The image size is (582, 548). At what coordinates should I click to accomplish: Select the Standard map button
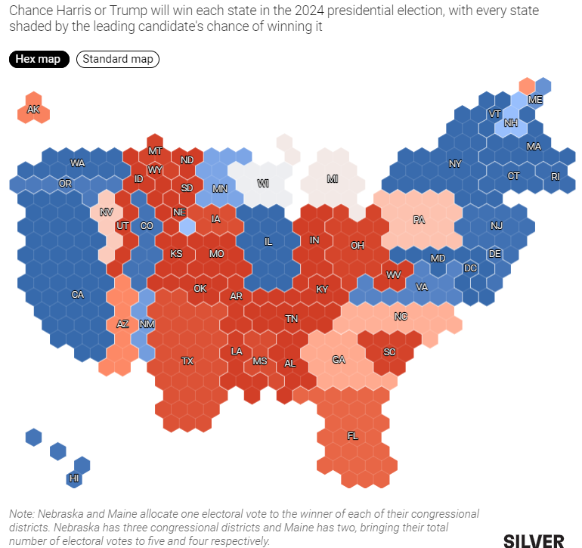pyautogui.click(x=118, y=59)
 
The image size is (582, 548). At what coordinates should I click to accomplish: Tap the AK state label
pyautogui.click(x=33, y=110)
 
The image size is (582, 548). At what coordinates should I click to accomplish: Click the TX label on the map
pyautogui.click(x=187, y=361)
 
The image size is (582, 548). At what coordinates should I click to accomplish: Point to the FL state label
pyautogui.click(x=352, y=436)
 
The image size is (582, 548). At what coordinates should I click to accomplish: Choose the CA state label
pyautogui.click(x=78, y=295)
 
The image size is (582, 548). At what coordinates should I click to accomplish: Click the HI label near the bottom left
pyautogui.click(x=74, y=478)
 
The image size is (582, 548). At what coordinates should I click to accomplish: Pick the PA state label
pyautogui.click(x=419, y=220)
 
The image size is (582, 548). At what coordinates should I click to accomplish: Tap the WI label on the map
pyautogui.click(x=263, y=183)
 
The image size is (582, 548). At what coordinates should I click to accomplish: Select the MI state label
pyautogui.click(x=333, y=179)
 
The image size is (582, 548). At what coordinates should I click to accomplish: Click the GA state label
pyautogui.click(x=339, y=360)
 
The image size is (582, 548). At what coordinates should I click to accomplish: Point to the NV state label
pyautogui.click(x=107, y=212)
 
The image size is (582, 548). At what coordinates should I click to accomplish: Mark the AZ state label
pyautogui.click(x=122, y=324)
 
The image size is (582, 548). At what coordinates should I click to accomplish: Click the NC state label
pyautogui.click(x=401, y=316)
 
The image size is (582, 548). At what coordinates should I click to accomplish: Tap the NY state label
pyautogui.click(x=455, y=163)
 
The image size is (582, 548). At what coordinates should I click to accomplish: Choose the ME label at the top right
pyautogui.click(x=535, y=100)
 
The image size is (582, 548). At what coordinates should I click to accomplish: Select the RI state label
pyautogui.click(x=556, y=176)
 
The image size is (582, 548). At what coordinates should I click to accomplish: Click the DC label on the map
pyautogui.click(x=470, y=268)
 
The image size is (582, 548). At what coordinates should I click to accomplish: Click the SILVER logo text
pyautogui.click(x=534, y=540)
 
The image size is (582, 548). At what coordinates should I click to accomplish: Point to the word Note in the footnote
pyautogui.click(x=22, y=513)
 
